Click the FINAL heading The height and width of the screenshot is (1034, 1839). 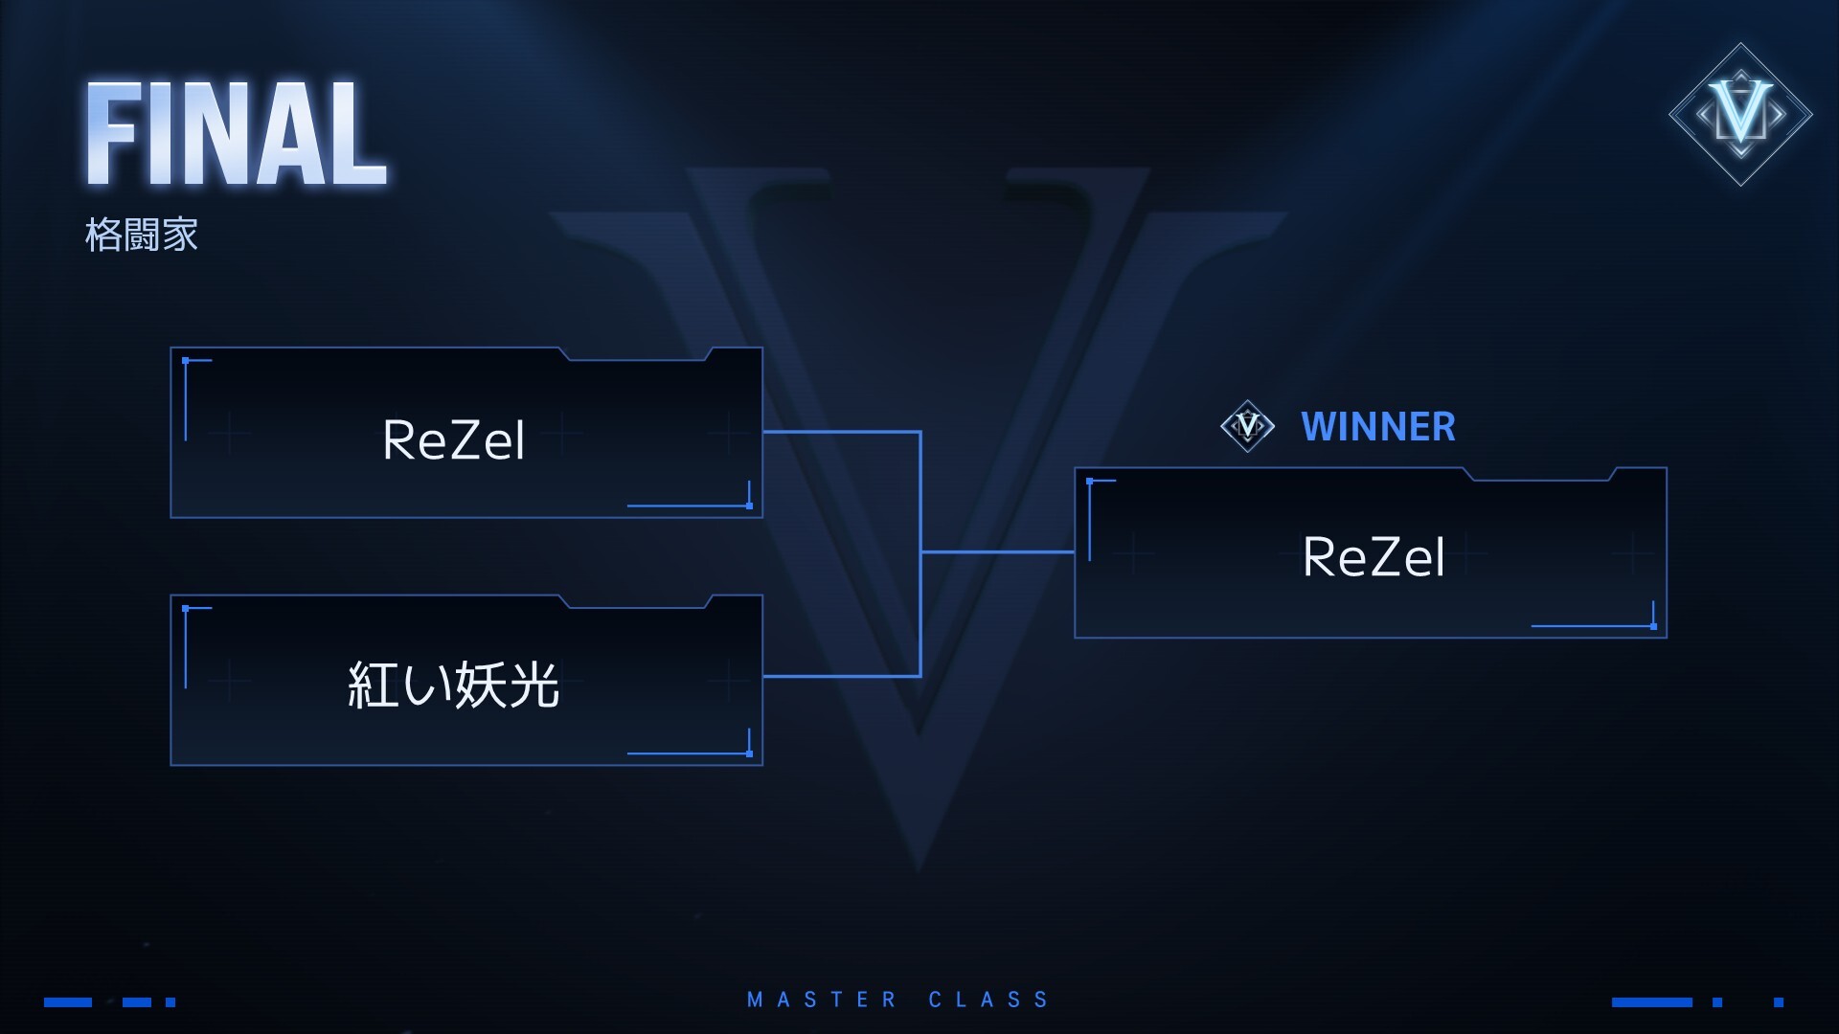(236, 134)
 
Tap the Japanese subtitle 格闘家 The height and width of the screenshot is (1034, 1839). (142, 235)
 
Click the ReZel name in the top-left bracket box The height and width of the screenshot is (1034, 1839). (453, 440)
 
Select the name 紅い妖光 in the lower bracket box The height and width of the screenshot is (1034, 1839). (453, 685)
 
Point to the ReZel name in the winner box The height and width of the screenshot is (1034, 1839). (1373, 557)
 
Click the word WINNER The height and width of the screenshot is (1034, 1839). (1377, 427)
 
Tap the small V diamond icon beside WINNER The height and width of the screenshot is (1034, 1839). (1247, 425)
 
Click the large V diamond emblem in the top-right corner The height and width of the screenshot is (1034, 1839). (1740, 114)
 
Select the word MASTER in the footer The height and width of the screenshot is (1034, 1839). (821, 1000)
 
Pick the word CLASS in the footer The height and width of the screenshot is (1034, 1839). (988, 1000)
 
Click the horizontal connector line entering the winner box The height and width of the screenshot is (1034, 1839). (997, 552)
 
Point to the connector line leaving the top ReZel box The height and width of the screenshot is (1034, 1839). (841, 432)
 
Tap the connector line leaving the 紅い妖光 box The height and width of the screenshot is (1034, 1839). (841, 676)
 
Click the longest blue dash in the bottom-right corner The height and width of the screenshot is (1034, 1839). (1651, 1002)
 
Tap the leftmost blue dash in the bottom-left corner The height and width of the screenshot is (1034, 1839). (68, 1002)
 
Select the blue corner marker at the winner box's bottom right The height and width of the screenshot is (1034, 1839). (1653, 625)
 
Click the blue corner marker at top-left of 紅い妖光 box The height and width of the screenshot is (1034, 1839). (186, 609)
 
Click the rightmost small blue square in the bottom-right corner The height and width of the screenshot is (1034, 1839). (1779, 1002)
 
